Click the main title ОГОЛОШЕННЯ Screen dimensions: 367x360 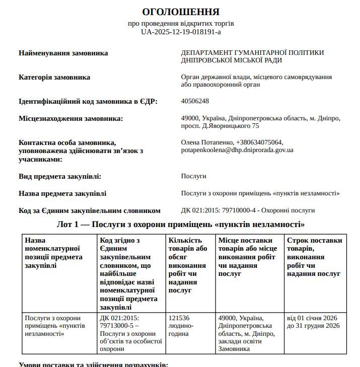pyautogui.click(x=181, y=12)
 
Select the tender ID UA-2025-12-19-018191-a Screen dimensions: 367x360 pyautogui.click(x=181, y=32)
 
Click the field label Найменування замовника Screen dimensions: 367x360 pyautogui.click(x=63, y=53)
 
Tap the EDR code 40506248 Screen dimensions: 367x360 pyautogui.click(x=195, y=101)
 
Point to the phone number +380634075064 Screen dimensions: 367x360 pyautogui.click(x=259, y=142)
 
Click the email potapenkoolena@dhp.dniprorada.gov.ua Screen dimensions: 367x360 pyautogui.click(x=237, y=150)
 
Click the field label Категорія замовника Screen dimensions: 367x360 pyautogui.click(x=54, y=77)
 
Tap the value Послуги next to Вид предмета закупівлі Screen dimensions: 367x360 pyautogui.click(x=193, y=176)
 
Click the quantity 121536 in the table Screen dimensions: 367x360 pyautogui.click(x=179, y=318)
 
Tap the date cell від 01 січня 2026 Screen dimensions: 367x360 pyautogui.click(x=312, y=318)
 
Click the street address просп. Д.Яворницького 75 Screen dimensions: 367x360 pyautogui.click(x=220, y=126)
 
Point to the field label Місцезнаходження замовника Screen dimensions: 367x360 pyautogui.click(x=71, y=118)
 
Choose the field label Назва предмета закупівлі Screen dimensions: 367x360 pyautogui.click(x=62, y=193)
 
